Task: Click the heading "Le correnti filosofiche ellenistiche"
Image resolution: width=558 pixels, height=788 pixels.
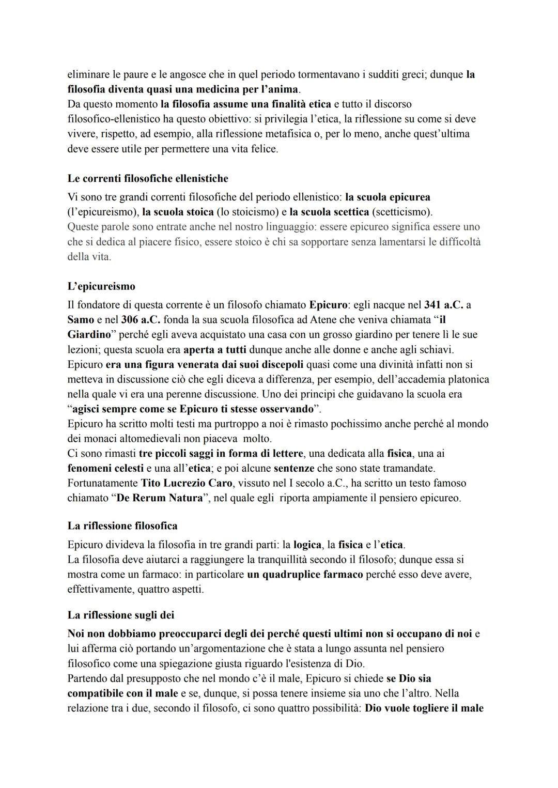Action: point(148,179)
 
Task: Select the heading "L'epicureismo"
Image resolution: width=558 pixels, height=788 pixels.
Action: point(101,286)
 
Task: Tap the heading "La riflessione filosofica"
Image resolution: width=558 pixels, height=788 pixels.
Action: point(122,526)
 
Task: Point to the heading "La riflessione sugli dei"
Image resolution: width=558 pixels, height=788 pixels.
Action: point(121,615)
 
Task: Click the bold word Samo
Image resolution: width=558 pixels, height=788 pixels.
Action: point(81,320)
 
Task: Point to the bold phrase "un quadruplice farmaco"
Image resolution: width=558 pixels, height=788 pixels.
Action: point(305,575)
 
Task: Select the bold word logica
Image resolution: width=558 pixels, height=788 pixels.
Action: point(307,545)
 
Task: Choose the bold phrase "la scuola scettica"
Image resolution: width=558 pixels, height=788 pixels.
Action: point(329,212)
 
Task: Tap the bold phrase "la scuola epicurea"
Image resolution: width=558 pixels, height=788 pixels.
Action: point(388,197)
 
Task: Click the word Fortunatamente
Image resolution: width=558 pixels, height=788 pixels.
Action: point(103,484)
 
